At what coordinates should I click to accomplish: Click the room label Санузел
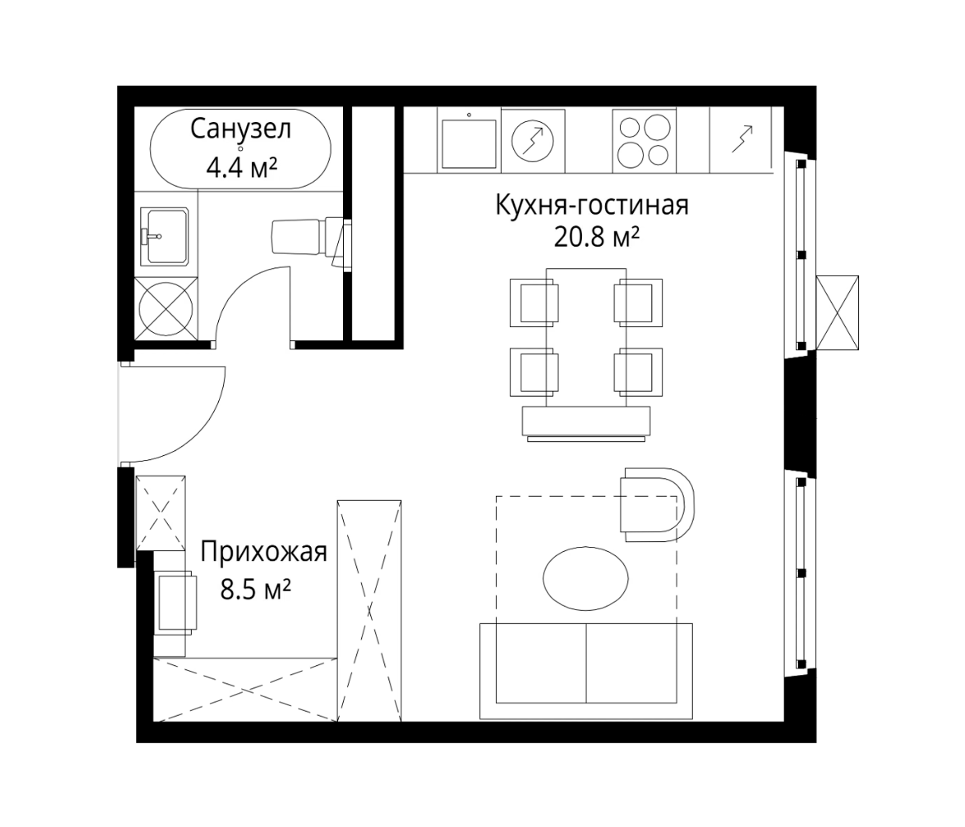[241, 129]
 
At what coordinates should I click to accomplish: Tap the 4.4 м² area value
[242, 168]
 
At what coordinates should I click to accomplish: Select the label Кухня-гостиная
[591, 205]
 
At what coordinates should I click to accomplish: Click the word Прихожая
[264, 553]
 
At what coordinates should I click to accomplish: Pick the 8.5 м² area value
[255, 590]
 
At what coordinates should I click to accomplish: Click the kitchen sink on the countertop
[469, 142]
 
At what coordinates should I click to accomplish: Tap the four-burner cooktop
[644, 141]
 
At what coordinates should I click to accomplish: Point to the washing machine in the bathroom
[166, 309]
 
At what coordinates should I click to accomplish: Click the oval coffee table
[585, 578]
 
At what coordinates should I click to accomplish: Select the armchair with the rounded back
[657, 505]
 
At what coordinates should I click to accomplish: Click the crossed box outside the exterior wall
[837, 312]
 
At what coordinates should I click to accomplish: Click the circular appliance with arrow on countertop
[533, 141]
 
